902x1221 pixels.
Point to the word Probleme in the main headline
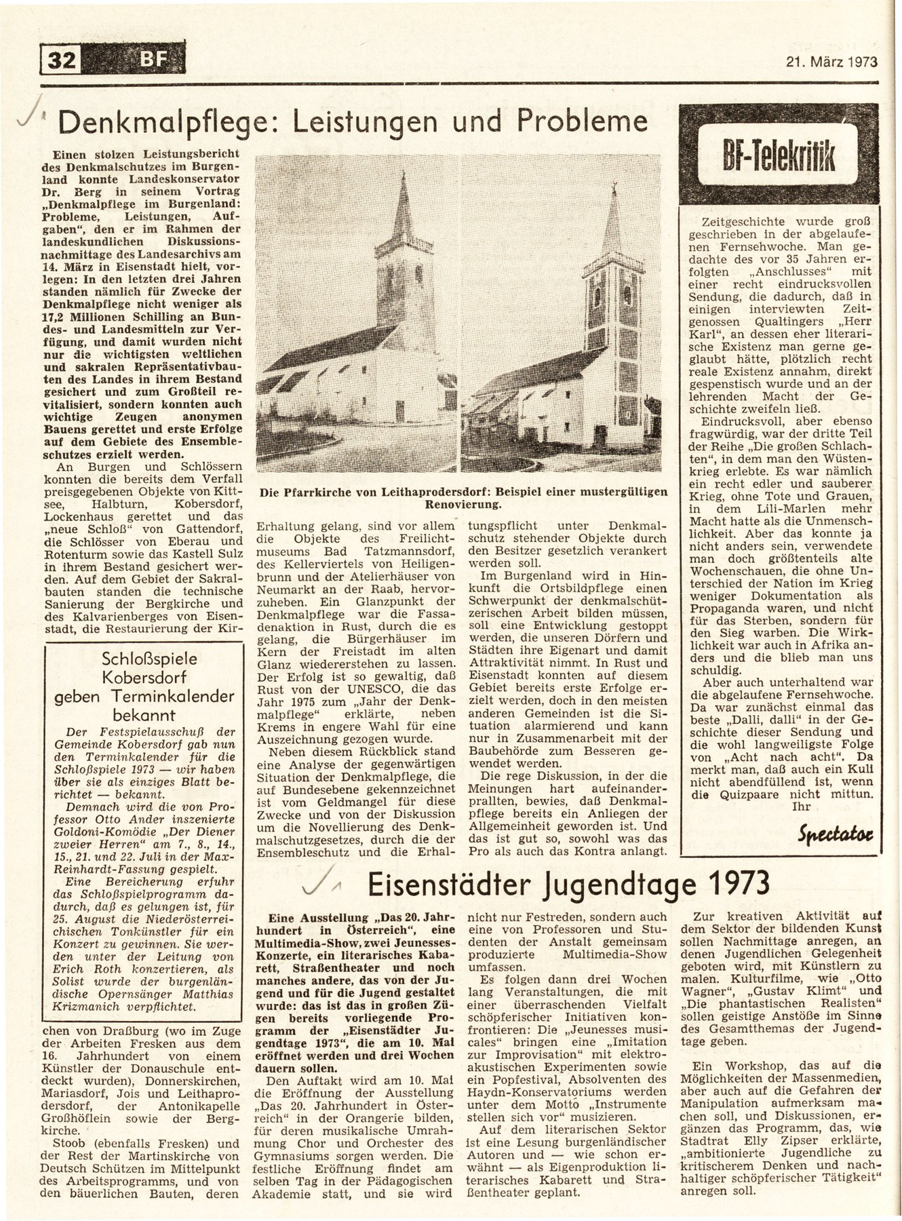click(582, 121)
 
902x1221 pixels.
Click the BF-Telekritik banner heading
click(782, 159)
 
